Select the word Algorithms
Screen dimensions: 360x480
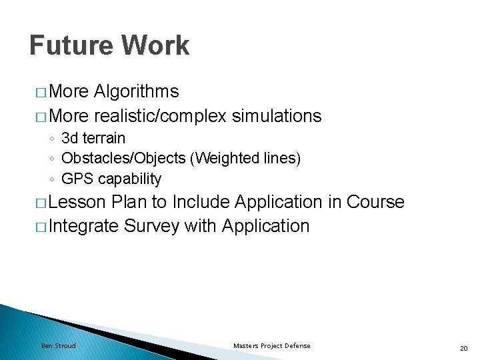pos(137,91)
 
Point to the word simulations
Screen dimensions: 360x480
pos(277,116)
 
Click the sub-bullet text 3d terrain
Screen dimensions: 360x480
pos(93,139)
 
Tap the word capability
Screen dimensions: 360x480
pos(130,179)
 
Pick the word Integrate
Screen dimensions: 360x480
pos(84,226)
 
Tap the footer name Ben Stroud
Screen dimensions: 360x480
pos(59,345)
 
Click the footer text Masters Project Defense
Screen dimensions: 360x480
pos(271,345)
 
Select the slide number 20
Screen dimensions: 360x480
pos(463,347)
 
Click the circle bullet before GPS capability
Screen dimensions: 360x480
pos(52,179)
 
